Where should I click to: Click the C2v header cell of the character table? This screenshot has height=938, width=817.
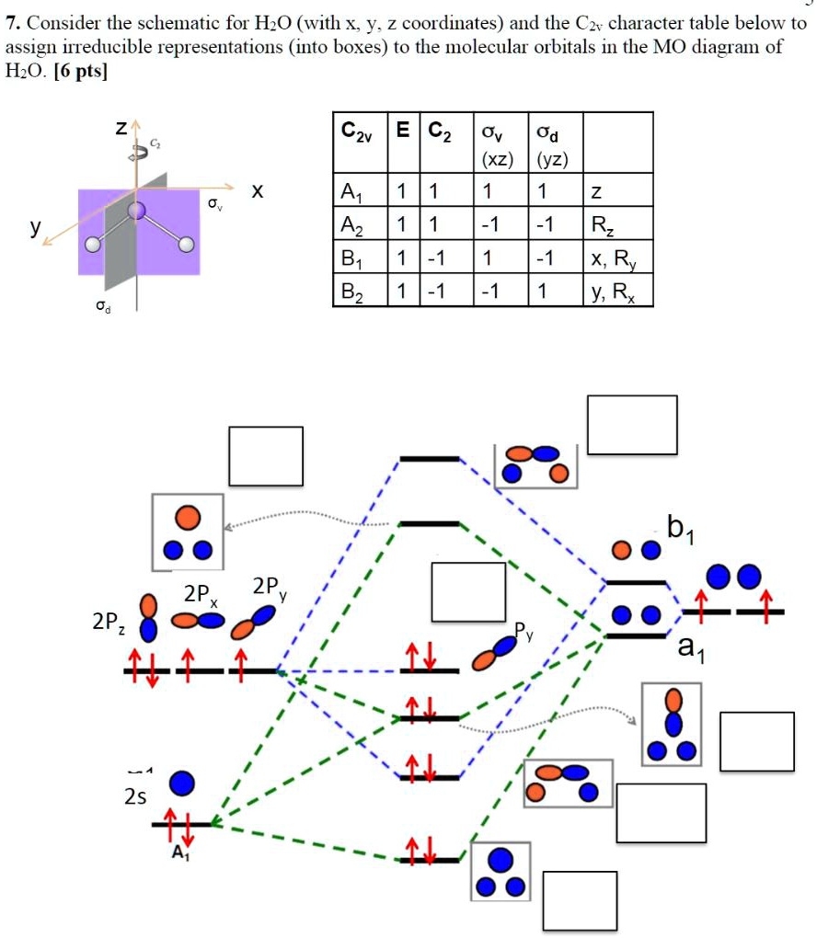click(x=358, y=141)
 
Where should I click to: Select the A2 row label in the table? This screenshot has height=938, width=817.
click(x=352, y=224)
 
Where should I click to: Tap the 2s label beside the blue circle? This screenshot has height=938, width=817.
click(x=135, y=797)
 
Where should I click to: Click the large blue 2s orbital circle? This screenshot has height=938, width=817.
click(x=182, y=784)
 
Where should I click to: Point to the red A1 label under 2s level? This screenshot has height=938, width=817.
click(x=180, y=853)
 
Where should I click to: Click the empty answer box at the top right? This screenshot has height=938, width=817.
click(x=632, y=425)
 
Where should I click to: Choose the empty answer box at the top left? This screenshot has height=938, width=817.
click(x=266, y=455)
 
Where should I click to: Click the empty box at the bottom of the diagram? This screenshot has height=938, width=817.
click(x=580, y=900)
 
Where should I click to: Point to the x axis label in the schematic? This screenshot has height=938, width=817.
click(x=258, y=190)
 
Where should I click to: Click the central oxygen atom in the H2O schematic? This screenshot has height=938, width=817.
click(x=137, y=212)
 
